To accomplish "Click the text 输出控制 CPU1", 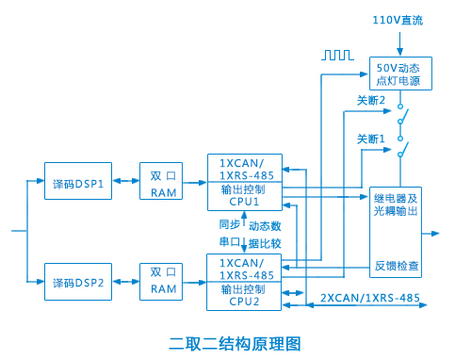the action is [x=243, y=195].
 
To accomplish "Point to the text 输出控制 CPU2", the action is [x=243, y=295].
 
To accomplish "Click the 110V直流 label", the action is [x=398, y=21].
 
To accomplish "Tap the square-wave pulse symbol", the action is [x=337, y=55].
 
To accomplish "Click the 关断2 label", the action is [x=370, y=101].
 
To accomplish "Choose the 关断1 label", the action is [x=370, y=139].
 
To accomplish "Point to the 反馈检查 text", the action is [x=397, y=266].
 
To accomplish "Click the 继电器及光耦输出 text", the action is [x=396, y=205].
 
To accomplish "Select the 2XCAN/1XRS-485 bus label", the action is [x=370, y=298].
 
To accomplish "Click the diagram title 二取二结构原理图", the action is [x=235, y=344].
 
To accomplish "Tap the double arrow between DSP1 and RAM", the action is [x=126, y=181].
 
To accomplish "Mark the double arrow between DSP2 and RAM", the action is [x=126, y=282].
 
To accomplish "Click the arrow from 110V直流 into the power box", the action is [x=399, y=44].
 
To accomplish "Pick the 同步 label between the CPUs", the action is [x=230, y=224].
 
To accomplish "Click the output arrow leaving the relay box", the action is [x=431, y=234].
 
